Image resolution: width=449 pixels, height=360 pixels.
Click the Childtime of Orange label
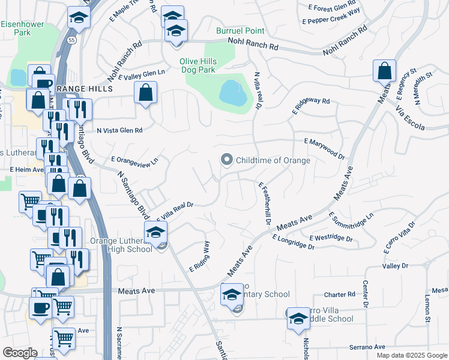click(273, 160)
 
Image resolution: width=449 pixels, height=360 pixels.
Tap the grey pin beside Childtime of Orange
click(226, 160)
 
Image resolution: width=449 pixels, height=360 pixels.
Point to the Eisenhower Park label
click(16, 28)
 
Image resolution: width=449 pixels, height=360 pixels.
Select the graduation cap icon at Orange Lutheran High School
click(156, 231)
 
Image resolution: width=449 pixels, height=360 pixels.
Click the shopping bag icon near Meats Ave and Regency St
click(384, 70)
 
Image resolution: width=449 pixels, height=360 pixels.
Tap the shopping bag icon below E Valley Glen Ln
click(145, 93)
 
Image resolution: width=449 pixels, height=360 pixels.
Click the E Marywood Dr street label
click(324, 149)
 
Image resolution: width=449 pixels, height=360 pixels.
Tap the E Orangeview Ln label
click(135, 160)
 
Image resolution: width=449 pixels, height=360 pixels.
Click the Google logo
click(20, 353)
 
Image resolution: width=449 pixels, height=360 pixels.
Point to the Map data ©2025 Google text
click(411, 355)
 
